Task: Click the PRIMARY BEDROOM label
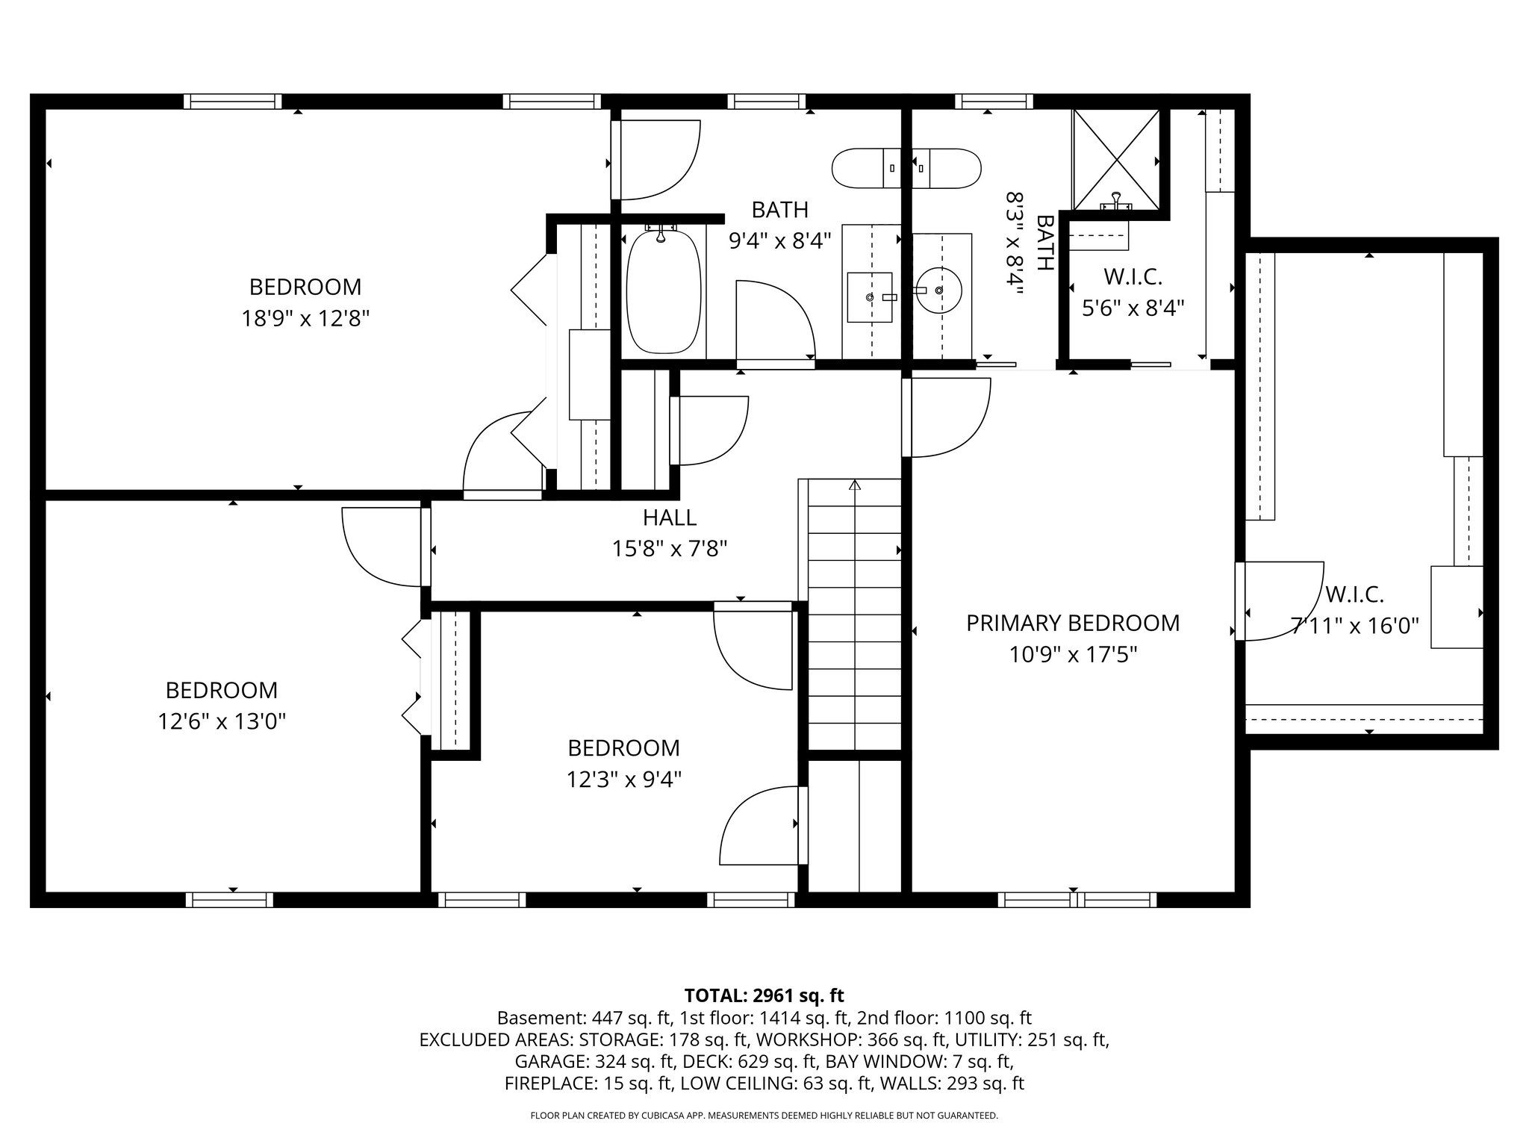click(1073, 623)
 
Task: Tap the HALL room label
click(670, 517)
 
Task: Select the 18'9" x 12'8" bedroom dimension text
click(305, 319)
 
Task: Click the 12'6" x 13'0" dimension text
click(222, 721)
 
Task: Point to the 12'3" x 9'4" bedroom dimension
click(623, 780)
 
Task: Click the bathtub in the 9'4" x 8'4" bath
click(663, 291)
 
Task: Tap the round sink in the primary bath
click(938, 290)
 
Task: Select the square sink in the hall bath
click(870, 296)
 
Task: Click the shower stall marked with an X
click(1116, 159)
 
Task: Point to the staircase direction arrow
click(855, 485)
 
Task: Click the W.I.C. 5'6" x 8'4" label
click(1133, 293)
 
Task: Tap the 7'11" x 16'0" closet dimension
click(1354, 626)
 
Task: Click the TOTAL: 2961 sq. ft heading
click(764, 995)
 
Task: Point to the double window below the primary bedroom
click(1077, 900)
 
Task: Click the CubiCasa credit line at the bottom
click(764, 1116)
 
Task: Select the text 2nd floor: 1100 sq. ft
click(944, 1018)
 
